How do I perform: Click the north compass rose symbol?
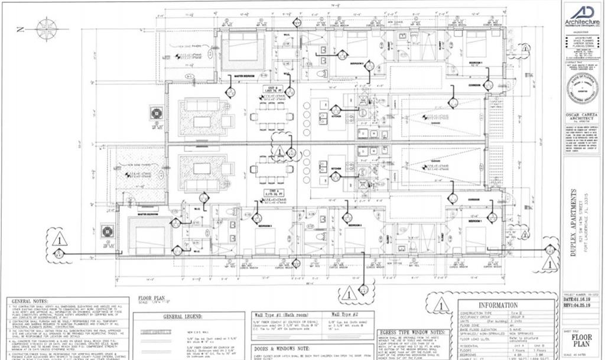tap(46, 28)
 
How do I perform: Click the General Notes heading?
tap(30, 301)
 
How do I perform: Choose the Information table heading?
tap(506, 305)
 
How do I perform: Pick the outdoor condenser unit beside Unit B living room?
tap(157, 113)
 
